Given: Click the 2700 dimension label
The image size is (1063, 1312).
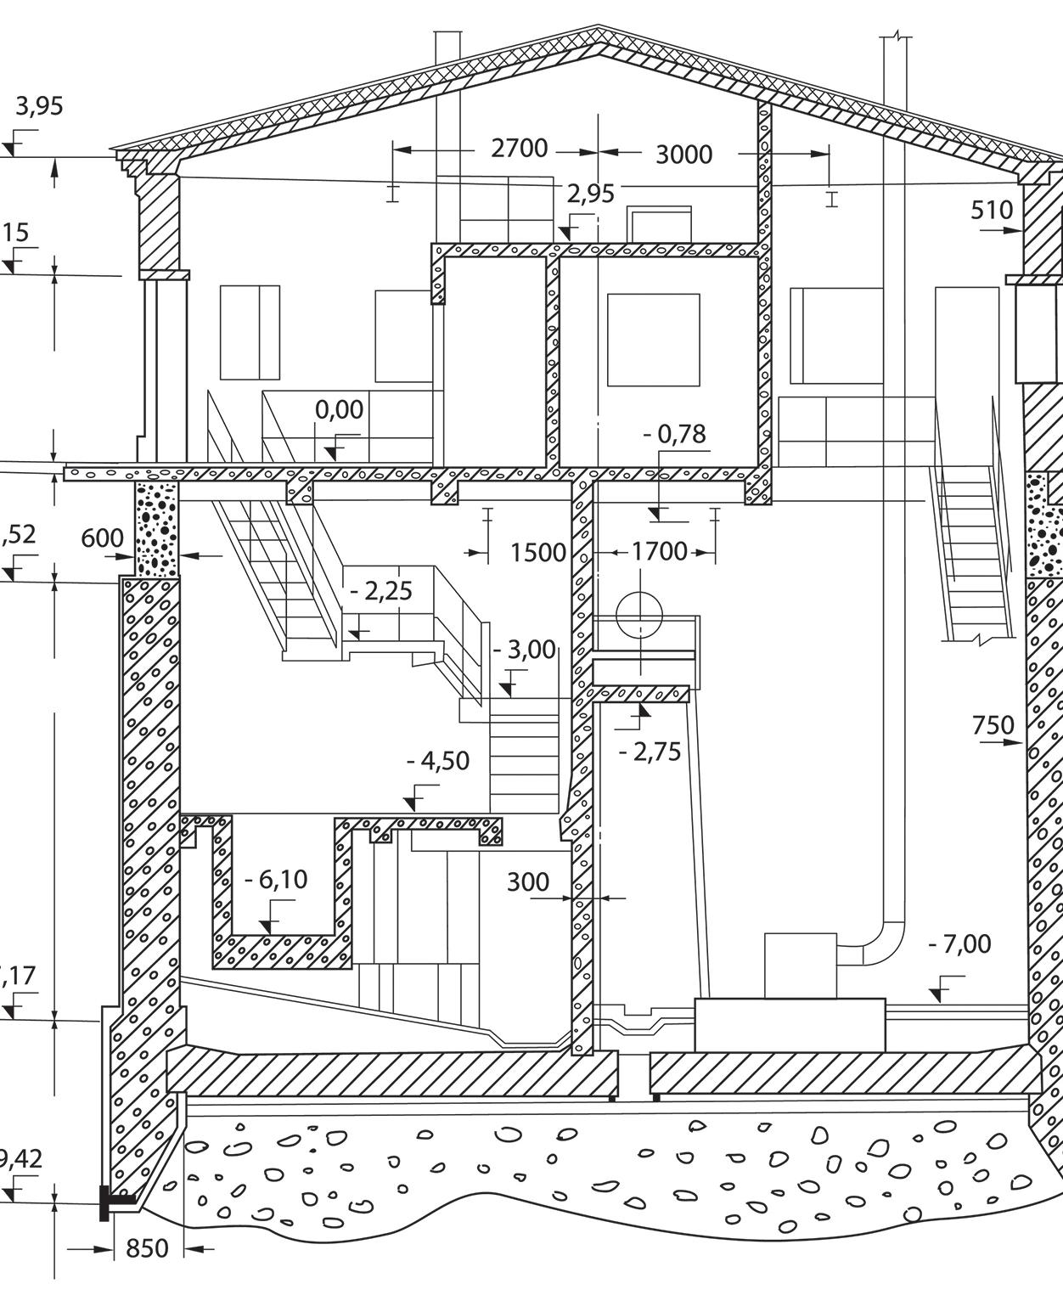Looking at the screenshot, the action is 520,149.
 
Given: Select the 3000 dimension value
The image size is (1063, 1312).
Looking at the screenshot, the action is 683,155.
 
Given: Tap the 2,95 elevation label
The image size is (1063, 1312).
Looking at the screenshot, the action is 590,194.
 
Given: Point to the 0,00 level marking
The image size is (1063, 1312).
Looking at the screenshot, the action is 340,409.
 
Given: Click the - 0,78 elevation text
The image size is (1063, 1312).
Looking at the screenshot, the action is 675,434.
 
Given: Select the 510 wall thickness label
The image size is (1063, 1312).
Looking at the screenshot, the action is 992,210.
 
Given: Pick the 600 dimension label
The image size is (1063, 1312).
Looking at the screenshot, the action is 103,538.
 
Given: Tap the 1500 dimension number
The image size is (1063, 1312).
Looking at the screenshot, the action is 537,553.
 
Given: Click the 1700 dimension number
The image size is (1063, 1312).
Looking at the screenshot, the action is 660,552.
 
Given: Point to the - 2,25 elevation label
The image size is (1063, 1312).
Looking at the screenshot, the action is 382,591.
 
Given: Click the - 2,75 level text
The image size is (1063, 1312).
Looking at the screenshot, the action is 650,752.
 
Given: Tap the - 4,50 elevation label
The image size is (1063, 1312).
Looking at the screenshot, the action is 437,761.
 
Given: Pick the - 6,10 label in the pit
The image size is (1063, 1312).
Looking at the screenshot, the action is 276,880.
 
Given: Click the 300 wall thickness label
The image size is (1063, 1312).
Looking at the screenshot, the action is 527,882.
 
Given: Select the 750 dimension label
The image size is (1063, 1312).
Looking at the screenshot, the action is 993,725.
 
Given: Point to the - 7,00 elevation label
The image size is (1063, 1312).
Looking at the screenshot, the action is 959,944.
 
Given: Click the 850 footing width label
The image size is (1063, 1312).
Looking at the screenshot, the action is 147,1248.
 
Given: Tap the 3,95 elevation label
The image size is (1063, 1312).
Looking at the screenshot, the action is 39,107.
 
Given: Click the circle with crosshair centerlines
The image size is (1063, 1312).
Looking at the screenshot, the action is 639,617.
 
